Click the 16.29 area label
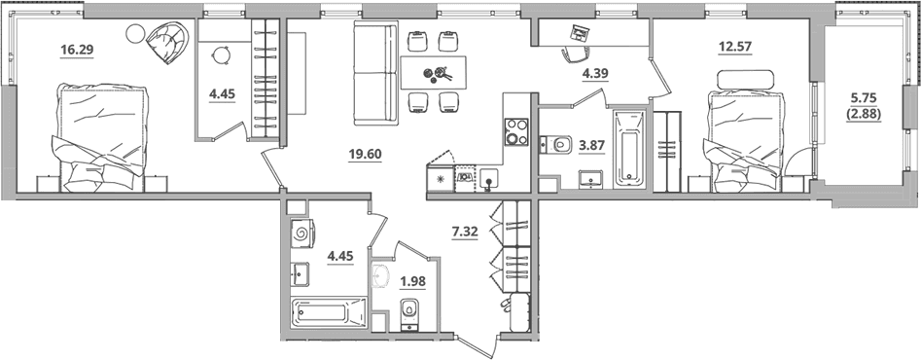click(x=77, y=51)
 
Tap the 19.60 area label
click(x=366, y=155)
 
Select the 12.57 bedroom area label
click(x=735, y=46)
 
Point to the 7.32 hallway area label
click(x=465, y=231)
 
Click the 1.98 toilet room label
click(x=412, y=281)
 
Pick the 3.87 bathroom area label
click(x=592, y=147)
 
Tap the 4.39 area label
click(x=594, y=73)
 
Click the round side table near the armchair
click(x=135, y=33)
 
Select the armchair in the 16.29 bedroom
click(x=167, y=42)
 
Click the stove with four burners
click(x=516, y=132)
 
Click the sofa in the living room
click(x=376, y=73)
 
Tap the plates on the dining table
click(x=439, y=73)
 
